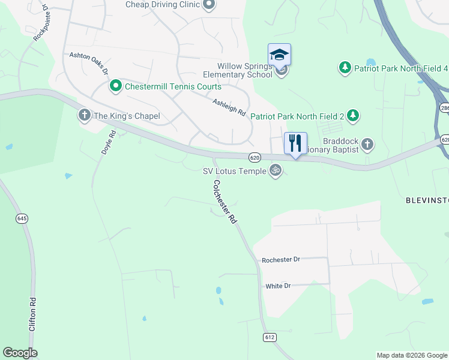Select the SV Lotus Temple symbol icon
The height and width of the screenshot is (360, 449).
276,170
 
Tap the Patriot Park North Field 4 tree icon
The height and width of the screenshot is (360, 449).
345,68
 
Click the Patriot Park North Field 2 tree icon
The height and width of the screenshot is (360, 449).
353,115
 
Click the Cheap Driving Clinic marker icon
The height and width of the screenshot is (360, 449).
208,5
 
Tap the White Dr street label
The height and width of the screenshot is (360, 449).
278,286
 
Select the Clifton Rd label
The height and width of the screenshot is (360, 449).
32,314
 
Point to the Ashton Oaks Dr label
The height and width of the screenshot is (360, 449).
88,62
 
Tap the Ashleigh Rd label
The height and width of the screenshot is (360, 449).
229,107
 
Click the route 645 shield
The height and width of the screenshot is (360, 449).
22,218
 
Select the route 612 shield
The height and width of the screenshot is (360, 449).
270,338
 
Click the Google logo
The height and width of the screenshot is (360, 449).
20,353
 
